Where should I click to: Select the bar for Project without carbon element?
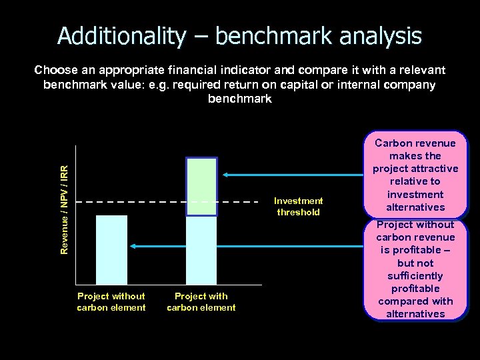(x=111, y=250)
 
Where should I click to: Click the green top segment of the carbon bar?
(x=201, y=187)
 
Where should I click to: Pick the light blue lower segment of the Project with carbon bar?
(x=201, y=250)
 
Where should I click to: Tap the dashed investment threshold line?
(x=167, y=201)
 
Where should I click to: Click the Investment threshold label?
(x=299, y=207)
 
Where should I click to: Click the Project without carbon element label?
(x=111, y=302)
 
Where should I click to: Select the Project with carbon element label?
(x=201, y=302)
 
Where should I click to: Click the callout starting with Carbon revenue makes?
(x=415, y=175)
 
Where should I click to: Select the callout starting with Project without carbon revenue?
(x=415, y=269)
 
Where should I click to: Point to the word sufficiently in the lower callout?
(x=415, y=276)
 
